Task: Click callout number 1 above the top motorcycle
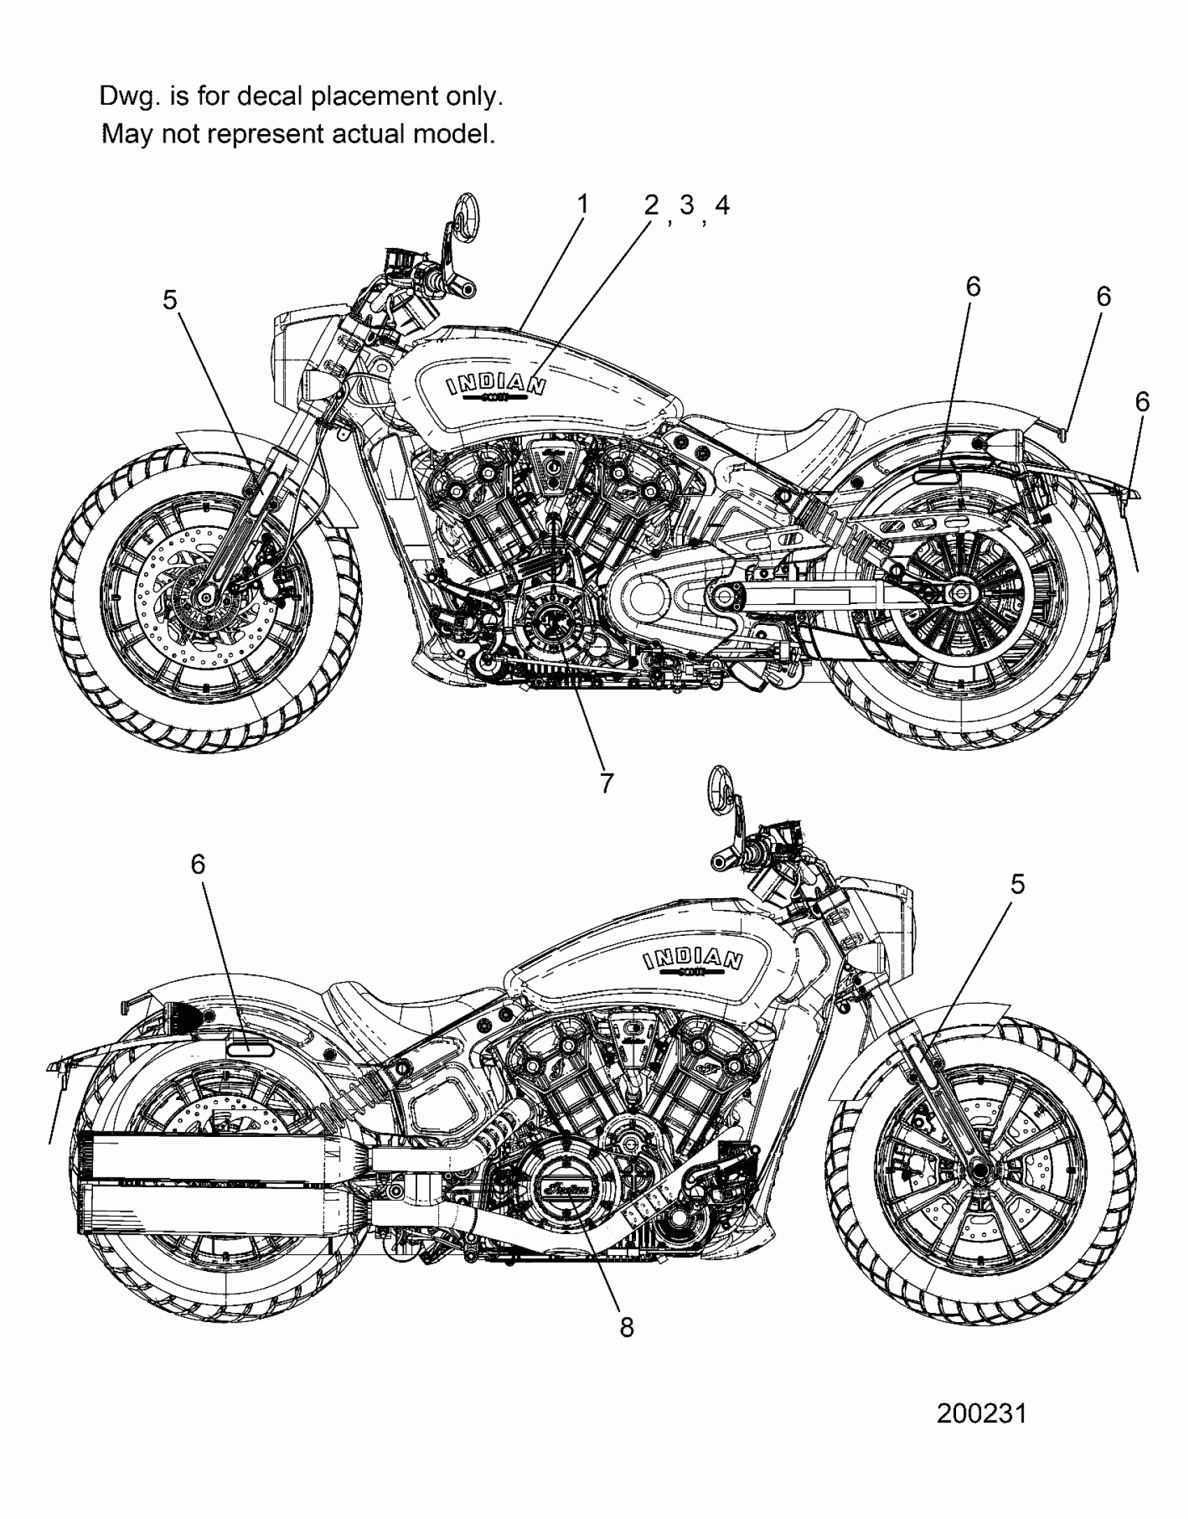pyautogui.click(x=582, y=205)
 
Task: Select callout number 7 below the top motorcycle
pyautogui.click(x=606, y=783)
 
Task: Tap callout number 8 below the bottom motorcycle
pyautogui.click(x=627, y=1327)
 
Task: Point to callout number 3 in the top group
pyautogui.click(x=687, y=205)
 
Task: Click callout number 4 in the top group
pyautogui.click(x=722, y=205)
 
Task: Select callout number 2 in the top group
pyautogui.click(x=651, y=205)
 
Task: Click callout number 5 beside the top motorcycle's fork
pyautogui.click(x=170, y=300)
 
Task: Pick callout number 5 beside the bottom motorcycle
pyautogui.click(x=1017, y=884)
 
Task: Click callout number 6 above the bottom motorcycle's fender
pyautogui.click(x=198, y=865)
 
